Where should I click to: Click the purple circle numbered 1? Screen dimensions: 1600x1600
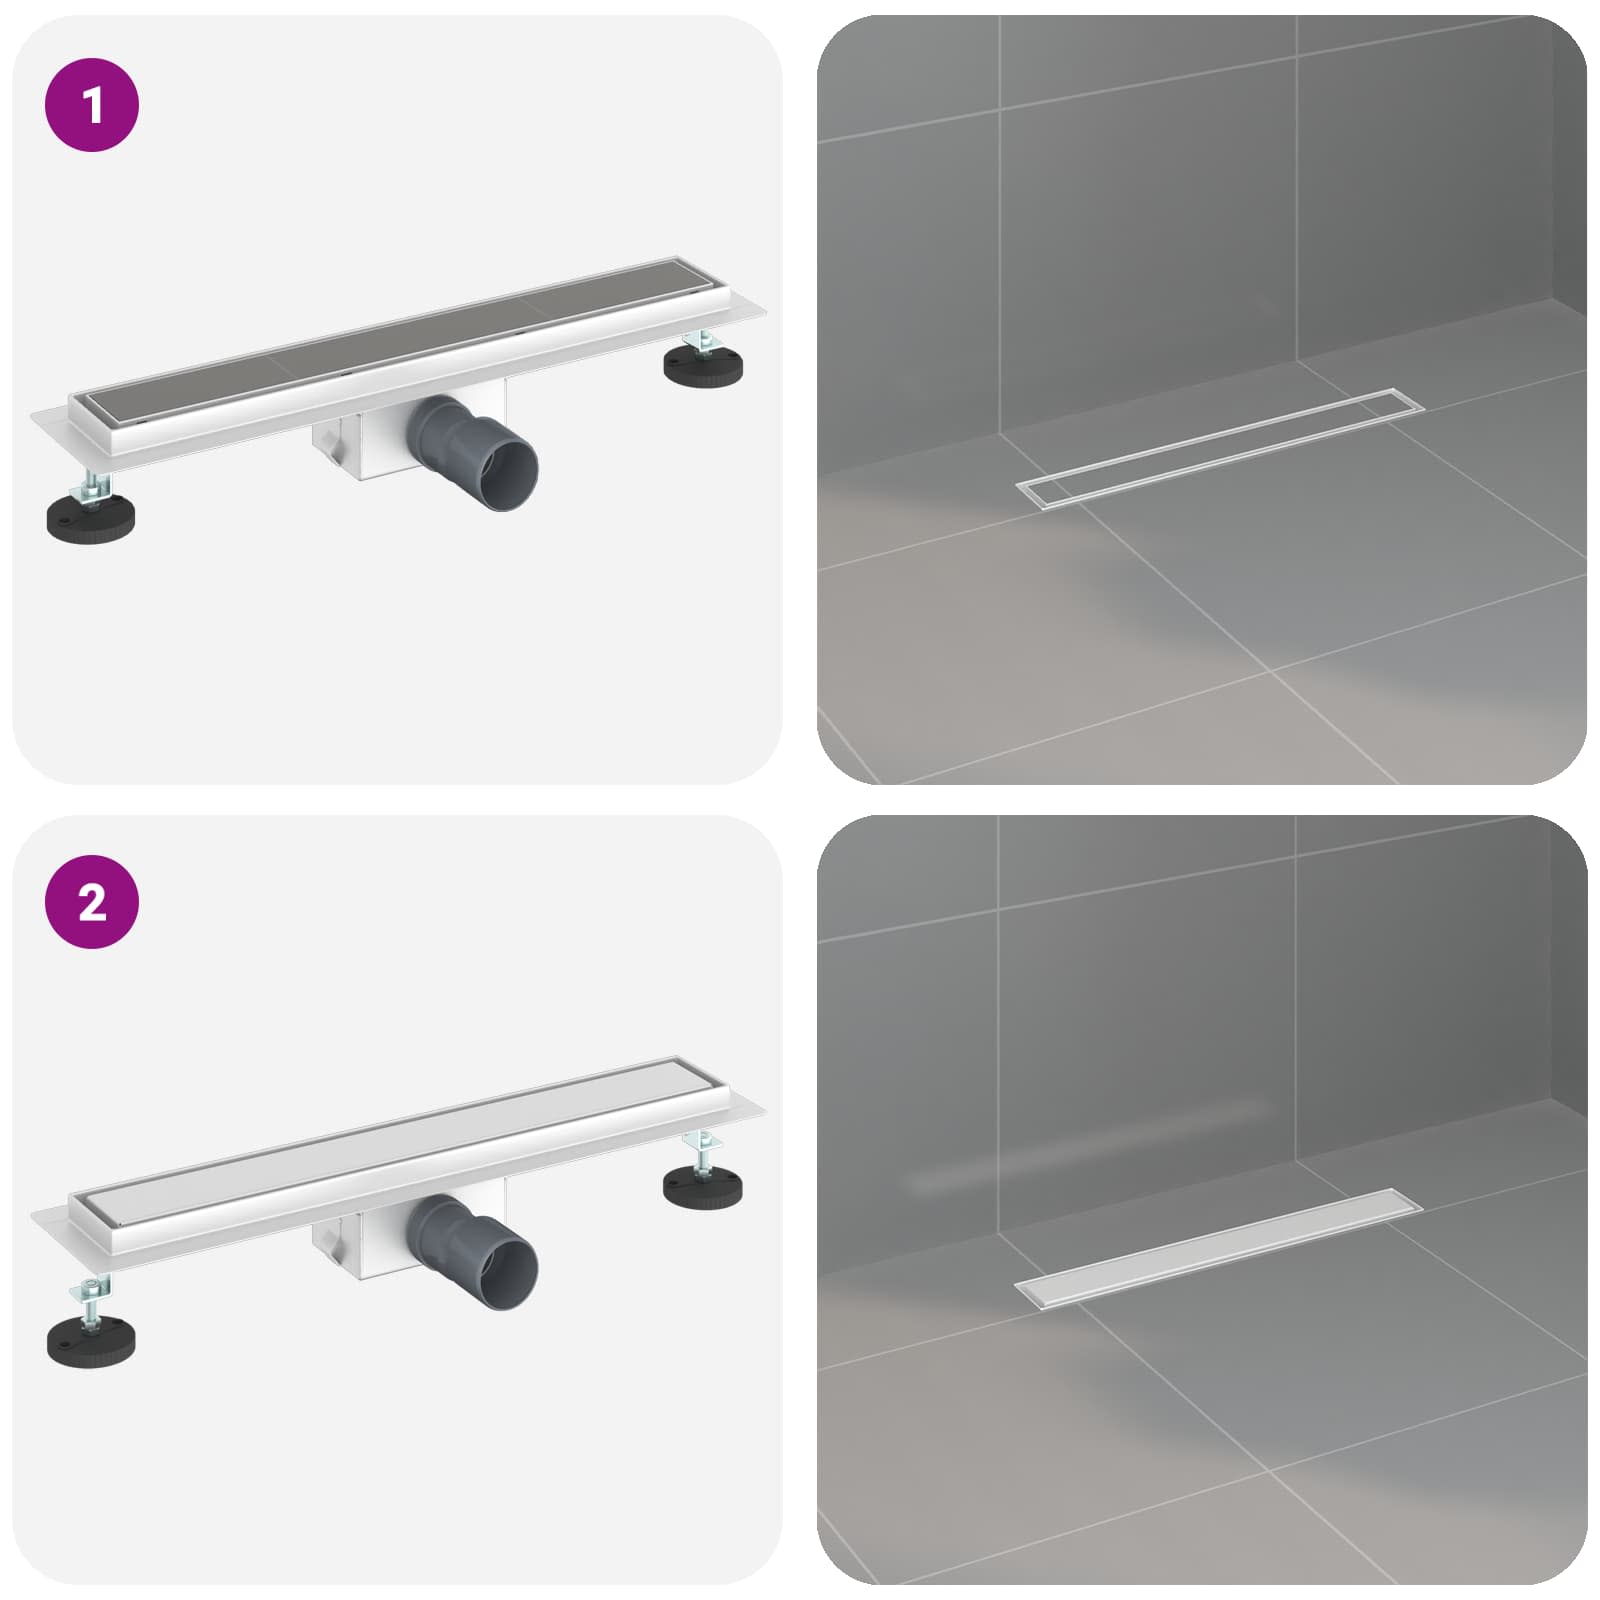tap(92, 105)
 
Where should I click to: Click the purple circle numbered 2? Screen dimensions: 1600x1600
tap(92, 902)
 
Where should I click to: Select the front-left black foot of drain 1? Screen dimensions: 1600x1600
tap(92, 519)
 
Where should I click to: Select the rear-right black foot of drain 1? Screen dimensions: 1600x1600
tap(704, 361)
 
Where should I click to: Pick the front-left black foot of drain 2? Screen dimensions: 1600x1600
tap(92, 1335)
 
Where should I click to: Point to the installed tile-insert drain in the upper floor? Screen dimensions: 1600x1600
tap(1220, 449)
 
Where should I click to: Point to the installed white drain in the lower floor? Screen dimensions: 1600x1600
tap(1220, 1249)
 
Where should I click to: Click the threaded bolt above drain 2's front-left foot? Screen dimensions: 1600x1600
tap(89, 1297)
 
